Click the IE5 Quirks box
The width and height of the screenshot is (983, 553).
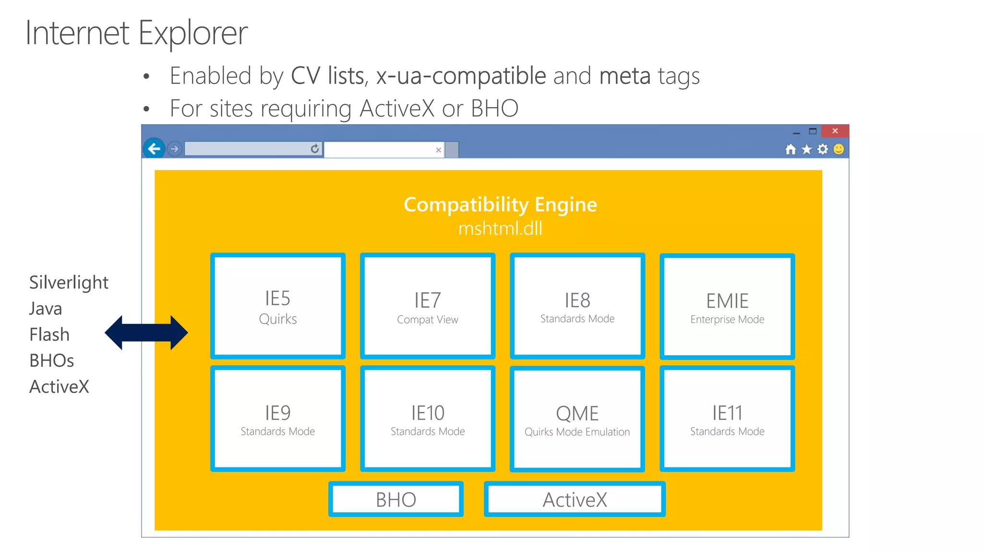pyautogui.click(x=278, y=306)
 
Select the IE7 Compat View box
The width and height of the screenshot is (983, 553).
pyautogui.click(x=428, y=306)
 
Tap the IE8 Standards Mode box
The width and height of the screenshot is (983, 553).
pyautogui.click(x=577, y=306)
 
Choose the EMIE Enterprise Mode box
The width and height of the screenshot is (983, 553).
pyautogui.click(x=727, y=307)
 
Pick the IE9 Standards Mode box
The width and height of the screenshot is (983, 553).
pyautogui.click(x=278, y=419)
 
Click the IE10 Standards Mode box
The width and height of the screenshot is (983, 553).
pyautogui.click(x=428, y=419)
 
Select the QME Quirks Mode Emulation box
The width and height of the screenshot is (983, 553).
pyautogui.click(x=577, y=419)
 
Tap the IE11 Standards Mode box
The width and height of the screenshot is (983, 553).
pyautogui.click(x=727, y=419)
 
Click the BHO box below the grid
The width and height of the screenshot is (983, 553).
pyautogui.click(x=396, y=499)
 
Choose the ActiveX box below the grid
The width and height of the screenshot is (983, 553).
pyautogui.click(x=575, y=499)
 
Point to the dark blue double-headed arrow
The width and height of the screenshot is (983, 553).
pyautogui.click(x=146, y=333)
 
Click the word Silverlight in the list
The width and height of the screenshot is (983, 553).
pyautogui.click(x=69, y=282)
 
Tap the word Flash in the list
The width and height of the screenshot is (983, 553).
pyautogui.click(x=49, y=335)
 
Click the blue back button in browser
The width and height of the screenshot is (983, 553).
pyautogui.click(x=154, y=149)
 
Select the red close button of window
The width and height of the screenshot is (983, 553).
pyautogui.click(x=835, y=131)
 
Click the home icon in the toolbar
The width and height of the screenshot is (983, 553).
pyautogui.click(x=790, y=149)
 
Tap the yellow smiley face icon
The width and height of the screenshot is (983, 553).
pyautogui.click(x=839, y=149)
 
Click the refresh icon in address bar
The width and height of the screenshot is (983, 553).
pyautogui.click(x=314, y=149)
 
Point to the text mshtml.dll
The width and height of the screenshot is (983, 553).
pyautogui.click(x=500, y=228)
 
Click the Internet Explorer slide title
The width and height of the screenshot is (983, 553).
pyautogui.click(x=136, y=33)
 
